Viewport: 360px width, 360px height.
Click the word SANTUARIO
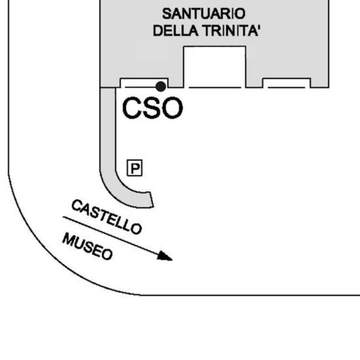204,14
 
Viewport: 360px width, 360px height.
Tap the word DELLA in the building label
176,31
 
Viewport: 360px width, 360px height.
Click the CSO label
152,108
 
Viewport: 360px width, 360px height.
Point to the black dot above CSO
161,86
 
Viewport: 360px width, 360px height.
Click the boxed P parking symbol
135,168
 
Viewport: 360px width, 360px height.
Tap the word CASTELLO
107,217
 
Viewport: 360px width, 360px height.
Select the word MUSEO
88,247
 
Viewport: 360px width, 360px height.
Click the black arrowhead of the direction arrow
164,256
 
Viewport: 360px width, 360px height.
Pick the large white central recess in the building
215,67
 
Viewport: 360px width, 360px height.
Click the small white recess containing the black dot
144,83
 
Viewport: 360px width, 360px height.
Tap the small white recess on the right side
287,83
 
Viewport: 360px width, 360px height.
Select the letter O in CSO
173,108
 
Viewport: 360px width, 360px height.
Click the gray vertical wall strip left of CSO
108,128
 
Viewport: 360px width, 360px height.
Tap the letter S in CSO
152,108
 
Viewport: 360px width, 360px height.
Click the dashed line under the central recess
215,88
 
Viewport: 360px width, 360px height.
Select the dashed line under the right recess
287,88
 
